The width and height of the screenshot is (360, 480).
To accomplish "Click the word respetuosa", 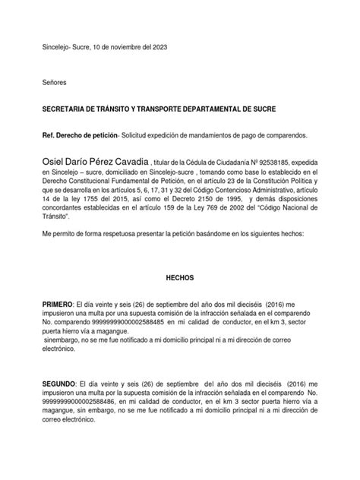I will [x=115, y=235].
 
